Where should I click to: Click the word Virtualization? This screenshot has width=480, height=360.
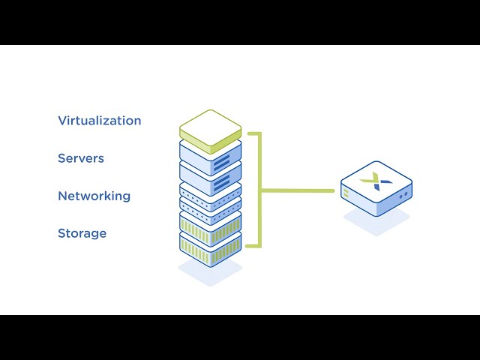[99, 121]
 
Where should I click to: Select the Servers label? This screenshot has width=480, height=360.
[81, 158]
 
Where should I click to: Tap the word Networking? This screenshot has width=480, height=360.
[94, 196]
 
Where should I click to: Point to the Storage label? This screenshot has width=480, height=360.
[82, 233]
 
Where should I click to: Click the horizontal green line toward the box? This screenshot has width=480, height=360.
[298, 190]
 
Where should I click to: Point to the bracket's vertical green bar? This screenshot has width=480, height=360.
[259, 190]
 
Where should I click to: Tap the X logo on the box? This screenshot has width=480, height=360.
[370, 181]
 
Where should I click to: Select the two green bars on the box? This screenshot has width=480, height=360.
[346, 193]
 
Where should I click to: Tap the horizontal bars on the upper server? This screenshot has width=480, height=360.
[221, 162]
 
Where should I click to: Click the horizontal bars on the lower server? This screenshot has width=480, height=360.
[221, 183]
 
